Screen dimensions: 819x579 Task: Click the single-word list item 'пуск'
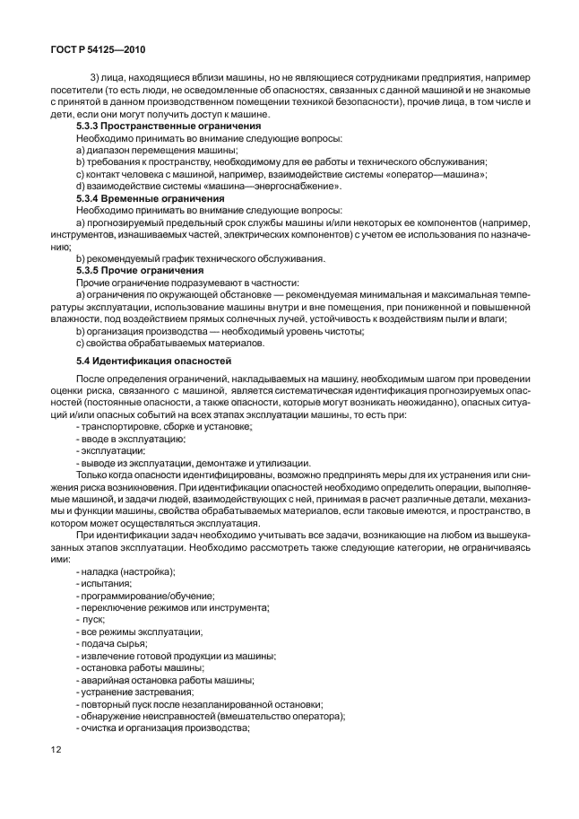click(93, 619)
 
